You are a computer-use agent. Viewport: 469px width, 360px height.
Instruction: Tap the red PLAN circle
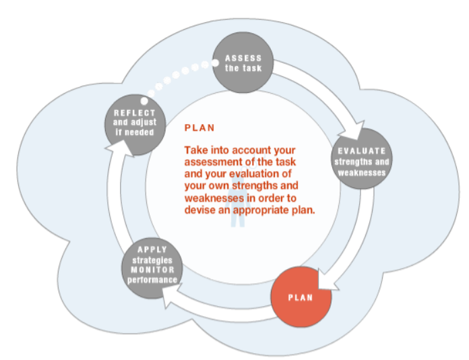point(301,297)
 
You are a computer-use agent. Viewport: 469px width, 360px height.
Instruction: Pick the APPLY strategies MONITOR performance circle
point(152,266)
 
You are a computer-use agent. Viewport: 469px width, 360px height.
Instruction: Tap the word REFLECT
point(135,113)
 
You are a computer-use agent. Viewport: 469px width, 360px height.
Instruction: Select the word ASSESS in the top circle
point(244,58)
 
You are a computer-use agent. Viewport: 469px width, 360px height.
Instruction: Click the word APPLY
point(152,249)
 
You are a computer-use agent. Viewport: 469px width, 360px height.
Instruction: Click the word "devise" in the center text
point(202,209)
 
